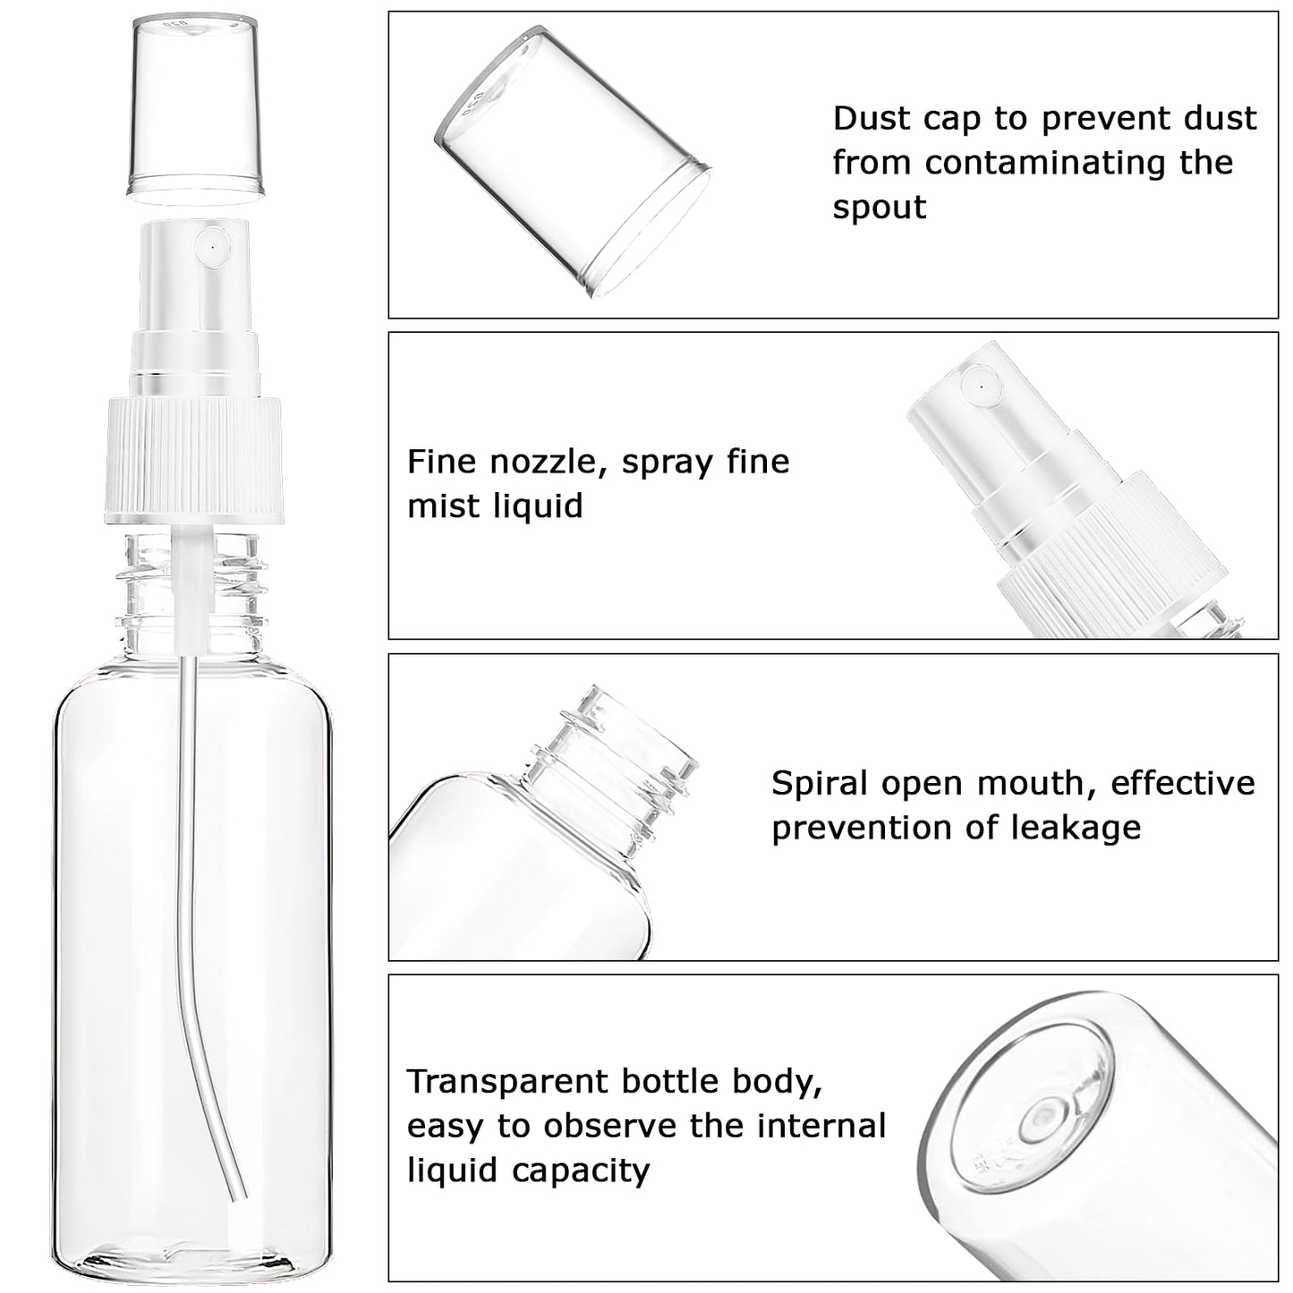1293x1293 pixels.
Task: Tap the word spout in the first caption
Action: pos(879,208)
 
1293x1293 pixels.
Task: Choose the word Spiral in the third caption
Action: pos(820,784)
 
